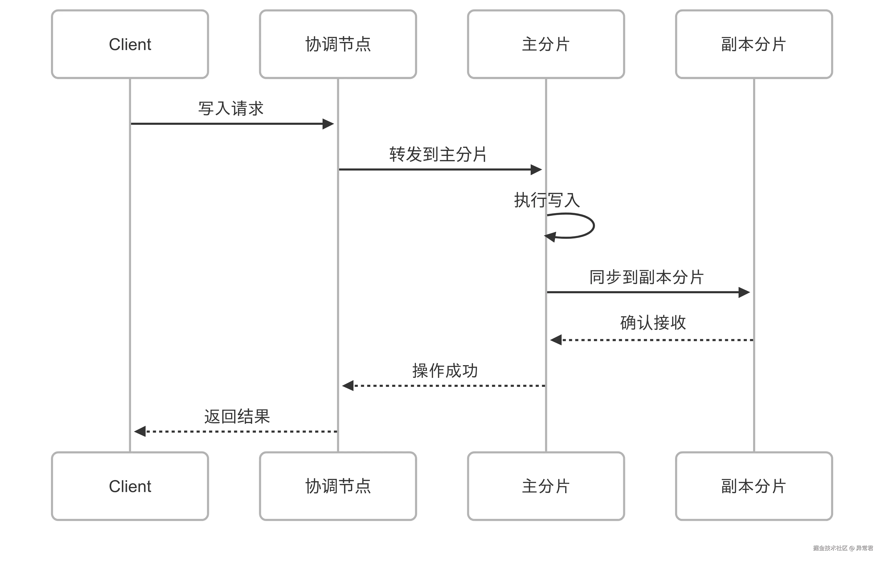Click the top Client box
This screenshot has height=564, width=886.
[130, 44]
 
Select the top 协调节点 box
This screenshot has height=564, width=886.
[338, 44]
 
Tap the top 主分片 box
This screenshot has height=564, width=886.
[546, 44]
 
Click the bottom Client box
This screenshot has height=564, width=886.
[130, 486]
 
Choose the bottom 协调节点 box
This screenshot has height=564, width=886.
[338, 486]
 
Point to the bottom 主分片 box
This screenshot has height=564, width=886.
[546, 486]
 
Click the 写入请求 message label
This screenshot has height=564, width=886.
[231, 108]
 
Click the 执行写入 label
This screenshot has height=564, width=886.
[547, 200]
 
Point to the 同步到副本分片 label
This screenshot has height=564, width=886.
[647, 277]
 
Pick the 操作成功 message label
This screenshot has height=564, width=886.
[445, 370]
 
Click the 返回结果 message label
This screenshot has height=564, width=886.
[237, 416]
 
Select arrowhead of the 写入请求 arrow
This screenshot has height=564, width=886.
[328, 124]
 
